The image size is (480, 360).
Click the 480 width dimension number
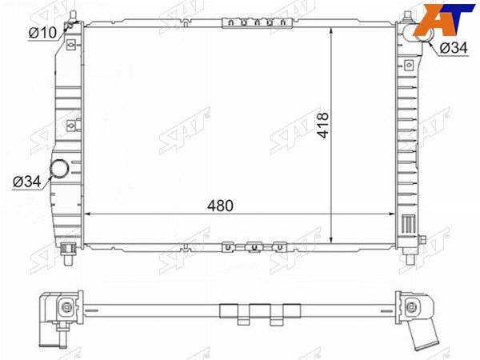[x=220, y=206]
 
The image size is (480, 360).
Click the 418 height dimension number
[x=322, y=126]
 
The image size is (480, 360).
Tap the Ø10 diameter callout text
[x=42, y=33]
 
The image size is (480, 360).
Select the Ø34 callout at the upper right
[x=454, y=48]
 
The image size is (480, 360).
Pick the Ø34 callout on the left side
[x=26, y=182]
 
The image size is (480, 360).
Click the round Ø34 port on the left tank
[x=59, y=168]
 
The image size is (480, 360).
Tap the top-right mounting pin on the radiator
[x=407, y=17]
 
